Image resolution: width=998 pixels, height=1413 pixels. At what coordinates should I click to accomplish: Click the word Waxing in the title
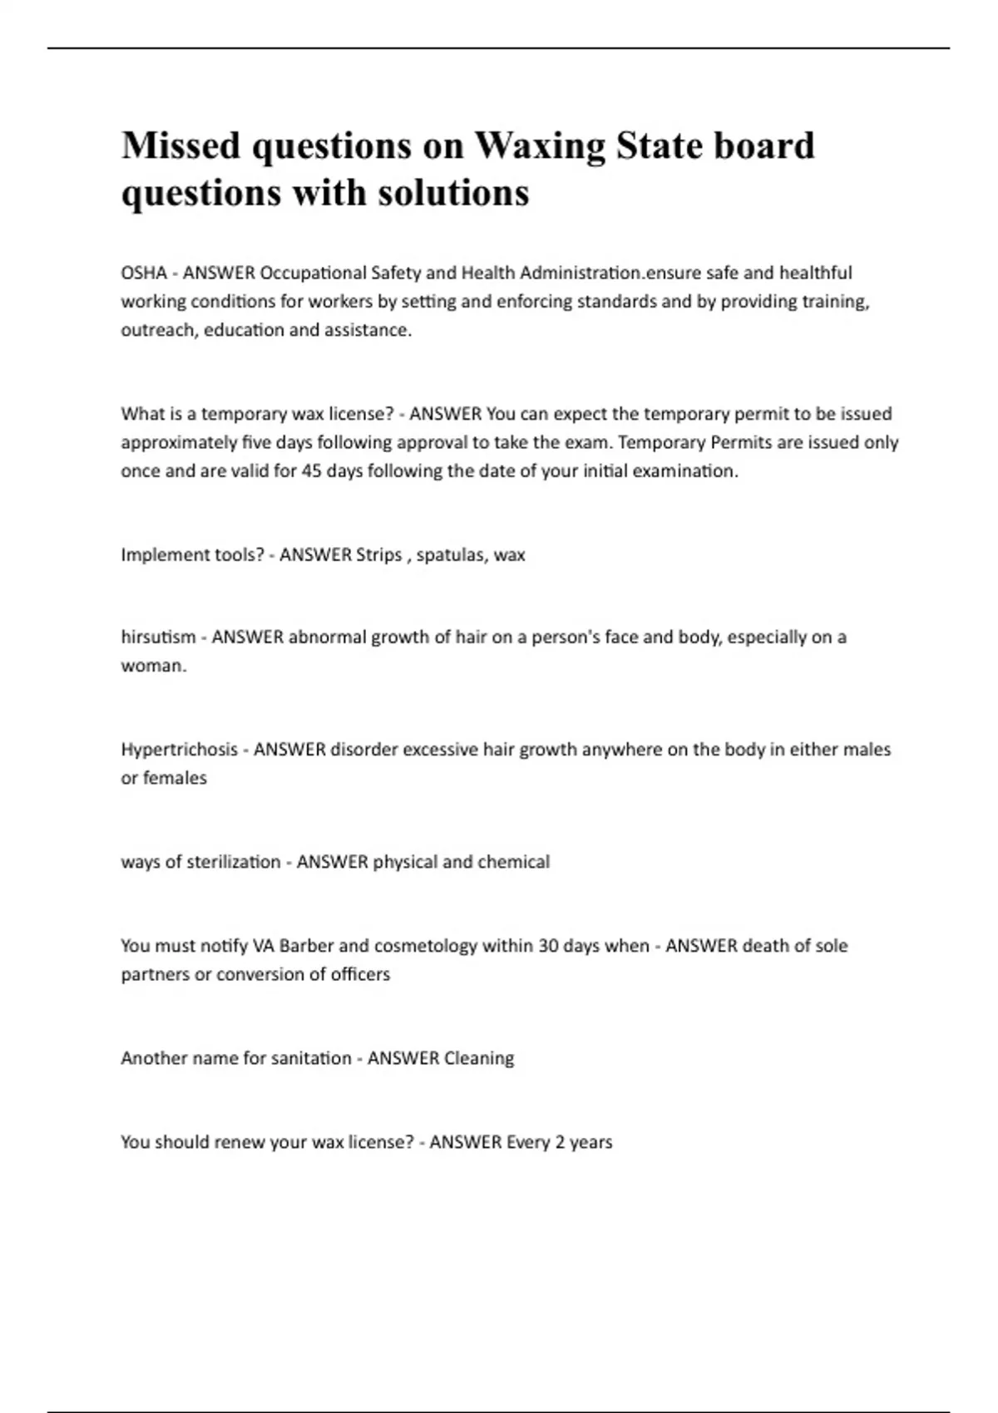pos(540,146)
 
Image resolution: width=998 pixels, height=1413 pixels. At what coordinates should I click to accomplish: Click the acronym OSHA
pos(144,273)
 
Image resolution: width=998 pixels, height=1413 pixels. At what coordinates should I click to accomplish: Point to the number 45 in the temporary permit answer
pos(312,470)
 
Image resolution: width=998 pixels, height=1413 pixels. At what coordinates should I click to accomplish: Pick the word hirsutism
pos(158,637)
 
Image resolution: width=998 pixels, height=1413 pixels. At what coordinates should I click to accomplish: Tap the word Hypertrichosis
pos(179,749)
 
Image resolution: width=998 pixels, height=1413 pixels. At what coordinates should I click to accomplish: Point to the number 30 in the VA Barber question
pos(548,945)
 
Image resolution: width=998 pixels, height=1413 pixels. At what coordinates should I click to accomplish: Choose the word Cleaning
pos(479,1057)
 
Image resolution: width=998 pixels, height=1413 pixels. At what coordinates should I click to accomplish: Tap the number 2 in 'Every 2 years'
pos(560,1141)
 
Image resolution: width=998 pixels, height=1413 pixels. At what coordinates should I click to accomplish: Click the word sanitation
pos(311,1057)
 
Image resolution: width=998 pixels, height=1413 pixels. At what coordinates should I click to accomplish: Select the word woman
pos(153,665)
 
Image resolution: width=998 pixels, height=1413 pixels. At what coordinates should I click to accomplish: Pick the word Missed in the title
pos(180,146)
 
